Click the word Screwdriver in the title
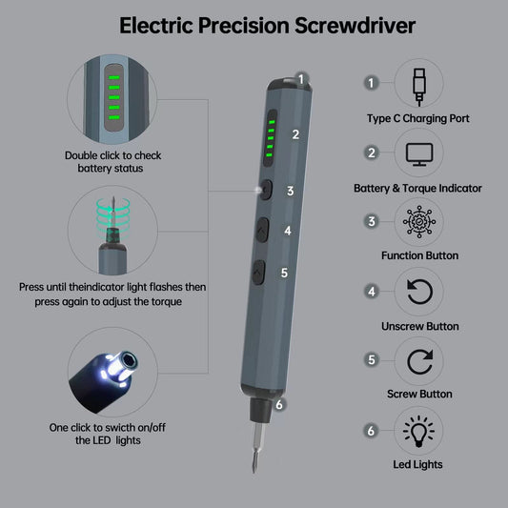(355, 26)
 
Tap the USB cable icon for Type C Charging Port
(419, 87)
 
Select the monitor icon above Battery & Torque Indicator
(419, 154)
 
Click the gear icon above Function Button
(419, 222)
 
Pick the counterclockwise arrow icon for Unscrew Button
(419, 292)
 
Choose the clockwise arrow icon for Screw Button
(420, 361)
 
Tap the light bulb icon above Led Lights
(418, 431)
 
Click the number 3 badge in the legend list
(372, 222)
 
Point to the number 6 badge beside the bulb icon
(371, 431)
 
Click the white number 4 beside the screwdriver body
(288, 231)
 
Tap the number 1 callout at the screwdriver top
(301, 79)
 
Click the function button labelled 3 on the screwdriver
(266, 190)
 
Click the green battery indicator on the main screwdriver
(270, 138)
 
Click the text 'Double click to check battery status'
(112, 162)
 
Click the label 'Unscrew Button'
(420, 326)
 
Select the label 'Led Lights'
(417, 464)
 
